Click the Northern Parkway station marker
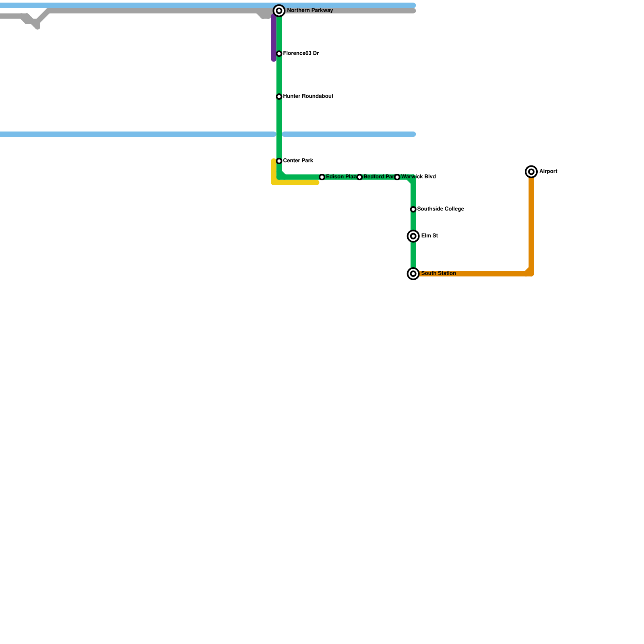pyautogui.click(x=279, y=11)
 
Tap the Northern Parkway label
pyautogui.click(x=310, y=10)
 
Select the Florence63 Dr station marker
pyautogui.click(x=279, y=54)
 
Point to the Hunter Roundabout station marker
pyautogui.click(x=279, y=97)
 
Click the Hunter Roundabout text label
pyautogui.click(x=308, y=96)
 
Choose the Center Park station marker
pyautogui.click(x=279, y=161)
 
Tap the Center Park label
pyautogui.click(x=298, y=161)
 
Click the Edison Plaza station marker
pyautogui.click(x=322, y=177)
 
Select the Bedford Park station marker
pyautogui.click(x=359, y=177)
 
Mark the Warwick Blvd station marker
pyautogui.click(x=397, y=177)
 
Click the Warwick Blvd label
pyautogui.click(x=419, y=177)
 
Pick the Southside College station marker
pyautogui.click(x=413, y=209)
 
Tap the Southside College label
pyautogui.click(x=440, y=209)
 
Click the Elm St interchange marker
pyautogui.click(x=413, y=236)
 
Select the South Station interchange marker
pyautogui.click(x=413, y=274)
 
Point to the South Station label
pyautogui.click(x=438, y=273)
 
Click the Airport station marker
pyautogui.click(x=531, y=172)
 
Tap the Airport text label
pyautogui.click(x=548, y=171)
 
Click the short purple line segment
pyautogui.click(x=274, y=38)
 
